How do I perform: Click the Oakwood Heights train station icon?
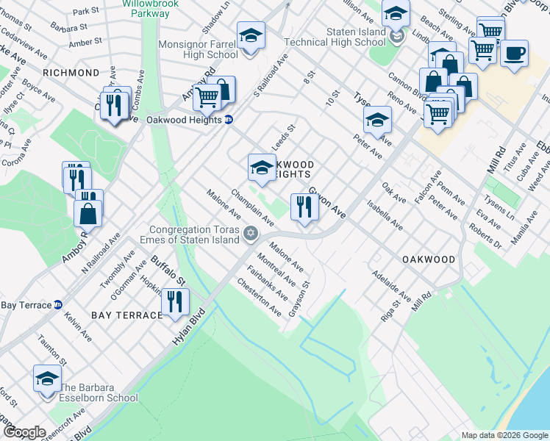point(229,121)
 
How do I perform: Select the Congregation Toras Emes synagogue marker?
point(251,234)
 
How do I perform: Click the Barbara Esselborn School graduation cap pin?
point(46,380)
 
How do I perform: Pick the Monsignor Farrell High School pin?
point(250,36)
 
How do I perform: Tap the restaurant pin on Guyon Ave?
point(302,207)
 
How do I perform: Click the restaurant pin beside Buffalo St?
point(175,301)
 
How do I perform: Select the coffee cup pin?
point(515,54)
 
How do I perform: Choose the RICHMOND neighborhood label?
point(71,73)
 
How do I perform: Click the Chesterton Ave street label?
point(258,297)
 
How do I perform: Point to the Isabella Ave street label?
point(385,212)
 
